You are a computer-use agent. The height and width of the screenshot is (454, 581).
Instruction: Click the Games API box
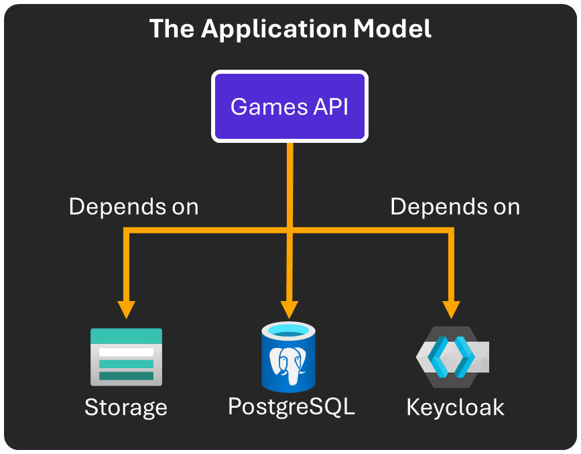[289, 107]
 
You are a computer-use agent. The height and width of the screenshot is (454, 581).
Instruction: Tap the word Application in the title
[274, 30]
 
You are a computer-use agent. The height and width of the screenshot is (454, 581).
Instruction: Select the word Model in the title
[393, 29]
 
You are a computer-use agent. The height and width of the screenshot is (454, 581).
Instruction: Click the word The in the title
[172, 29]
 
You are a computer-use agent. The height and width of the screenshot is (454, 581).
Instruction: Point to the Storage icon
[127, 357]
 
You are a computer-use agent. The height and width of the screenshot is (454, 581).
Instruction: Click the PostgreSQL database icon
[288, 357]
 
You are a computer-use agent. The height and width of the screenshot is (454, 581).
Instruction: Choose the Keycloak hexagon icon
[452, 357]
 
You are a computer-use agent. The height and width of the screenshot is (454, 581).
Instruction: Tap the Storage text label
[126, 408]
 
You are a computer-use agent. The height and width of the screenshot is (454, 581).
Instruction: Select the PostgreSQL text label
[292, 407]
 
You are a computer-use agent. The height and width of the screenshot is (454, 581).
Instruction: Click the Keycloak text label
[456, 408]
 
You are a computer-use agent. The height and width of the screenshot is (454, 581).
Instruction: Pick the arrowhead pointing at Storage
[127, 310]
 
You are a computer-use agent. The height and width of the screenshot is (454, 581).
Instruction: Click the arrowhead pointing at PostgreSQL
[289, 310]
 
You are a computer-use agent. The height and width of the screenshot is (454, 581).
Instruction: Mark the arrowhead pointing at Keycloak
[451, 310]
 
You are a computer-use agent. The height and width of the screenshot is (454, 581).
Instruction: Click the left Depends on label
[134, 207]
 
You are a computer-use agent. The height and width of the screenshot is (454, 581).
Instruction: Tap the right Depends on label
[455, 207]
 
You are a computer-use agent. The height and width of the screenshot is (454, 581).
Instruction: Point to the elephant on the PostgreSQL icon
[288, 365]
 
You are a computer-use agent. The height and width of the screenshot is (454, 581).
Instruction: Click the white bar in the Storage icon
[127, 352]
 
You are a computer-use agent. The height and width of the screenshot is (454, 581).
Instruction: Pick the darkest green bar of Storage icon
[127, 376]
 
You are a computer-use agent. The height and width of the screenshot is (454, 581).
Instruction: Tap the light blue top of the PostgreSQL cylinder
[288, 330]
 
